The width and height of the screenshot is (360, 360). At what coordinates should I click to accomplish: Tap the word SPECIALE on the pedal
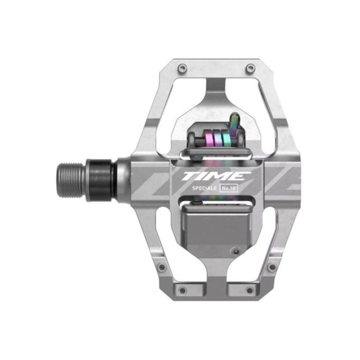click(204, 188)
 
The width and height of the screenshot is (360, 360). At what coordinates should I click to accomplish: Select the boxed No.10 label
click(229, 188)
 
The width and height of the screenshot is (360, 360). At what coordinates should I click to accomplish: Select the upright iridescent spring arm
click(234, 123)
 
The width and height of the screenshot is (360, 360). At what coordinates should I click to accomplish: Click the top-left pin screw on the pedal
click(183, 67)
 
